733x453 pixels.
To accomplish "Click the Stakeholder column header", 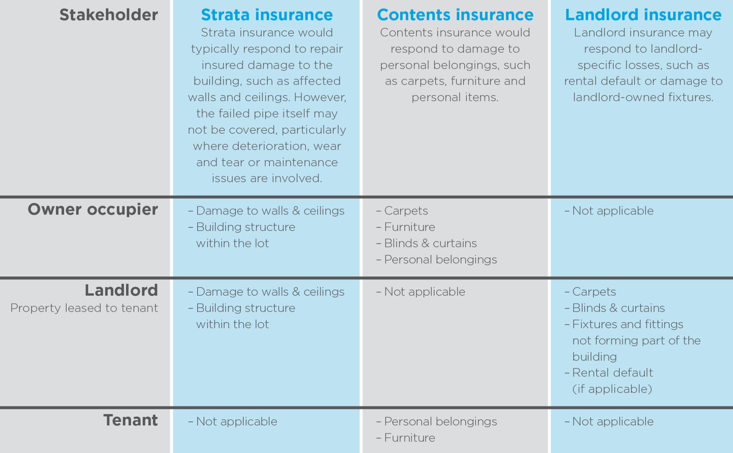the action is [x=108, y=15].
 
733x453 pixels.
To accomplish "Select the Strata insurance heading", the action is [x=267, y=15].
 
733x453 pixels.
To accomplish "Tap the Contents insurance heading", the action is [x=455, y=15].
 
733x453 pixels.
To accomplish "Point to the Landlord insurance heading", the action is [x=643, y=15].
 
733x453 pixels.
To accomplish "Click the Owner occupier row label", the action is [x=93, y=210].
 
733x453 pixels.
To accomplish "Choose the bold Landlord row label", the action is [x=121, y=290].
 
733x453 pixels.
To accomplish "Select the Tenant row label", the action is [x=131, y=420].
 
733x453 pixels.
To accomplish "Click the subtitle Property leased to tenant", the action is [x=84, y=308].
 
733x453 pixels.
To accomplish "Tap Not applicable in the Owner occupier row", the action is [x=613, y=211].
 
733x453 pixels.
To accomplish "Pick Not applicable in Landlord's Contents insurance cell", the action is [x=424, y=292].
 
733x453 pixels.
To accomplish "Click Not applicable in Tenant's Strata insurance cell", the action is [x=237, y=422].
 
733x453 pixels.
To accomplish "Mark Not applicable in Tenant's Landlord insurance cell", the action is [x=613, y=422].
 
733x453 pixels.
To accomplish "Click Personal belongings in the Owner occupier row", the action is [x=441, y=260].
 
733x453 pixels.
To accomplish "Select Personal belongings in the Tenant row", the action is [x=441, y=422].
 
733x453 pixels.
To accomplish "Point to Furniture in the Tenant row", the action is [x=409, y=438].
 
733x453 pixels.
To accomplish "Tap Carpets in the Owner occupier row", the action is [x=406, y=211].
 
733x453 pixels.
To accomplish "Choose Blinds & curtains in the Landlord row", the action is [x=618, y=308].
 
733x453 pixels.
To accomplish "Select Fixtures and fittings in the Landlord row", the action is [x=628, y=324].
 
